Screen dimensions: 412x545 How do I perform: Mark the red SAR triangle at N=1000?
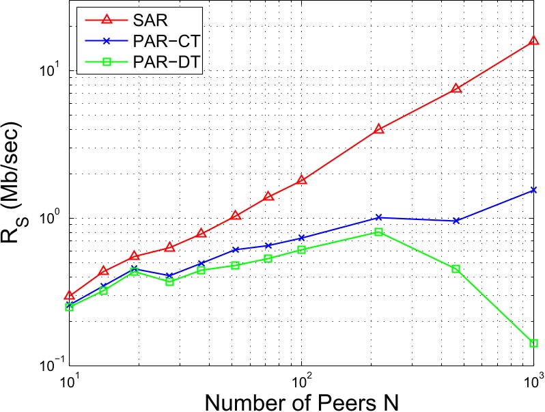point(533,41)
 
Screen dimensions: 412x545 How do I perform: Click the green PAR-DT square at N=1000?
point(533,343)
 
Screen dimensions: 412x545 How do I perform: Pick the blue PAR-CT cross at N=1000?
point(533,190)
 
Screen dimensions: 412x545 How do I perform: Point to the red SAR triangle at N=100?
point(301,180)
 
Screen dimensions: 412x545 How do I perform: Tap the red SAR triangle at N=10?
point(69,295)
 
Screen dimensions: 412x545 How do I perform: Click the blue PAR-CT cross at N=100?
point(301,238)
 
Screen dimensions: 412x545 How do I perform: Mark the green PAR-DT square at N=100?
point(301,249)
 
